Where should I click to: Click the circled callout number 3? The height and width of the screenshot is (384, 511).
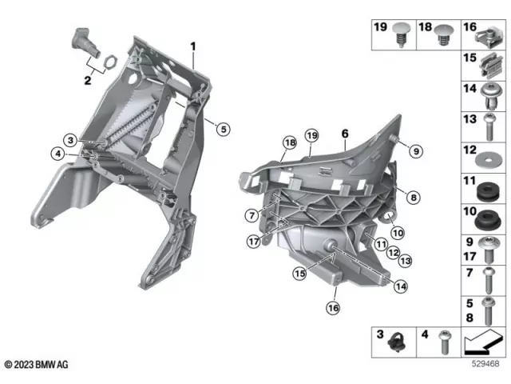pyautogui.click(x=71, y=141)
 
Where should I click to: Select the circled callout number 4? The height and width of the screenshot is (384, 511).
pyautogui.click(x=58, y=154)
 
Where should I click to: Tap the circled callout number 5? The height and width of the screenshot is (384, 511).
pyautogui.click(x=223, y=129)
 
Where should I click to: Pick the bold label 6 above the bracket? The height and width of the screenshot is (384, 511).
pyautogui.click(x=345, y=133)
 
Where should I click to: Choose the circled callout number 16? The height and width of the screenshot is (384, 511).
pyautogui.click(x=332, y=307)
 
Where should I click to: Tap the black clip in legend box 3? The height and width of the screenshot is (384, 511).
pyautogui.click(x=394, y=345)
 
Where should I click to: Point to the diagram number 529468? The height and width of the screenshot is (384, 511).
pyautogui.click(x=486, y=365)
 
